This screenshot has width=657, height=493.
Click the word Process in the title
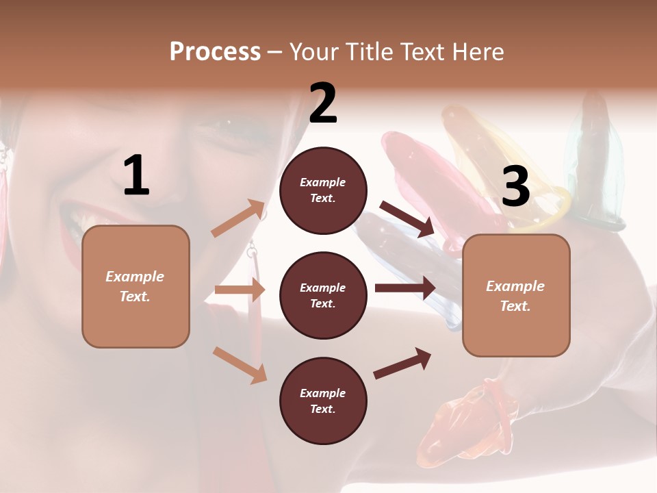point(215,52)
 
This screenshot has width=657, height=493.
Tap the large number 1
point(136,176)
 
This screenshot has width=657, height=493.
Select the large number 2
point(323,103)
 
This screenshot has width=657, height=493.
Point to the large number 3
point(515,187)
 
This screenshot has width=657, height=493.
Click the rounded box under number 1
point(136,286)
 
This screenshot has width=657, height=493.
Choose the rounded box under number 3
point(516,295)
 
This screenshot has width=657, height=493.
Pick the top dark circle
point(323,190)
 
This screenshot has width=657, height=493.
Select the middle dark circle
point(323,295)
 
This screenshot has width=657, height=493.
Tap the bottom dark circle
point(323,401)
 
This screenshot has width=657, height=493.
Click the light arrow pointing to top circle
point(239,218)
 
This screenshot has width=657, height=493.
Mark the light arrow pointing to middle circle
point(240,290)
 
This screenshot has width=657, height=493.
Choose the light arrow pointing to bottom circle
point(240,364)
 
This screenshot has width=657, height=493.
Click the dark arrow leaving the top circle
point(407,218)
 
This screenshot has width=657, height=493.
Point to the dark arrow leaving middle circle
point(405,288)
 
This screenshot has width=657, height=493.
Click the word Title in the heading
point(370,52)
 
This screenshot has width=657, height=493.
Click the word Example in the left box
point(135,277)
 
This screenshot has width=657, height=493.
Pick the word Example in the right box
point(515,286)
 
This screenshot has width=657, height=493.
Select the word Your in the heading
point(314,52)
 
